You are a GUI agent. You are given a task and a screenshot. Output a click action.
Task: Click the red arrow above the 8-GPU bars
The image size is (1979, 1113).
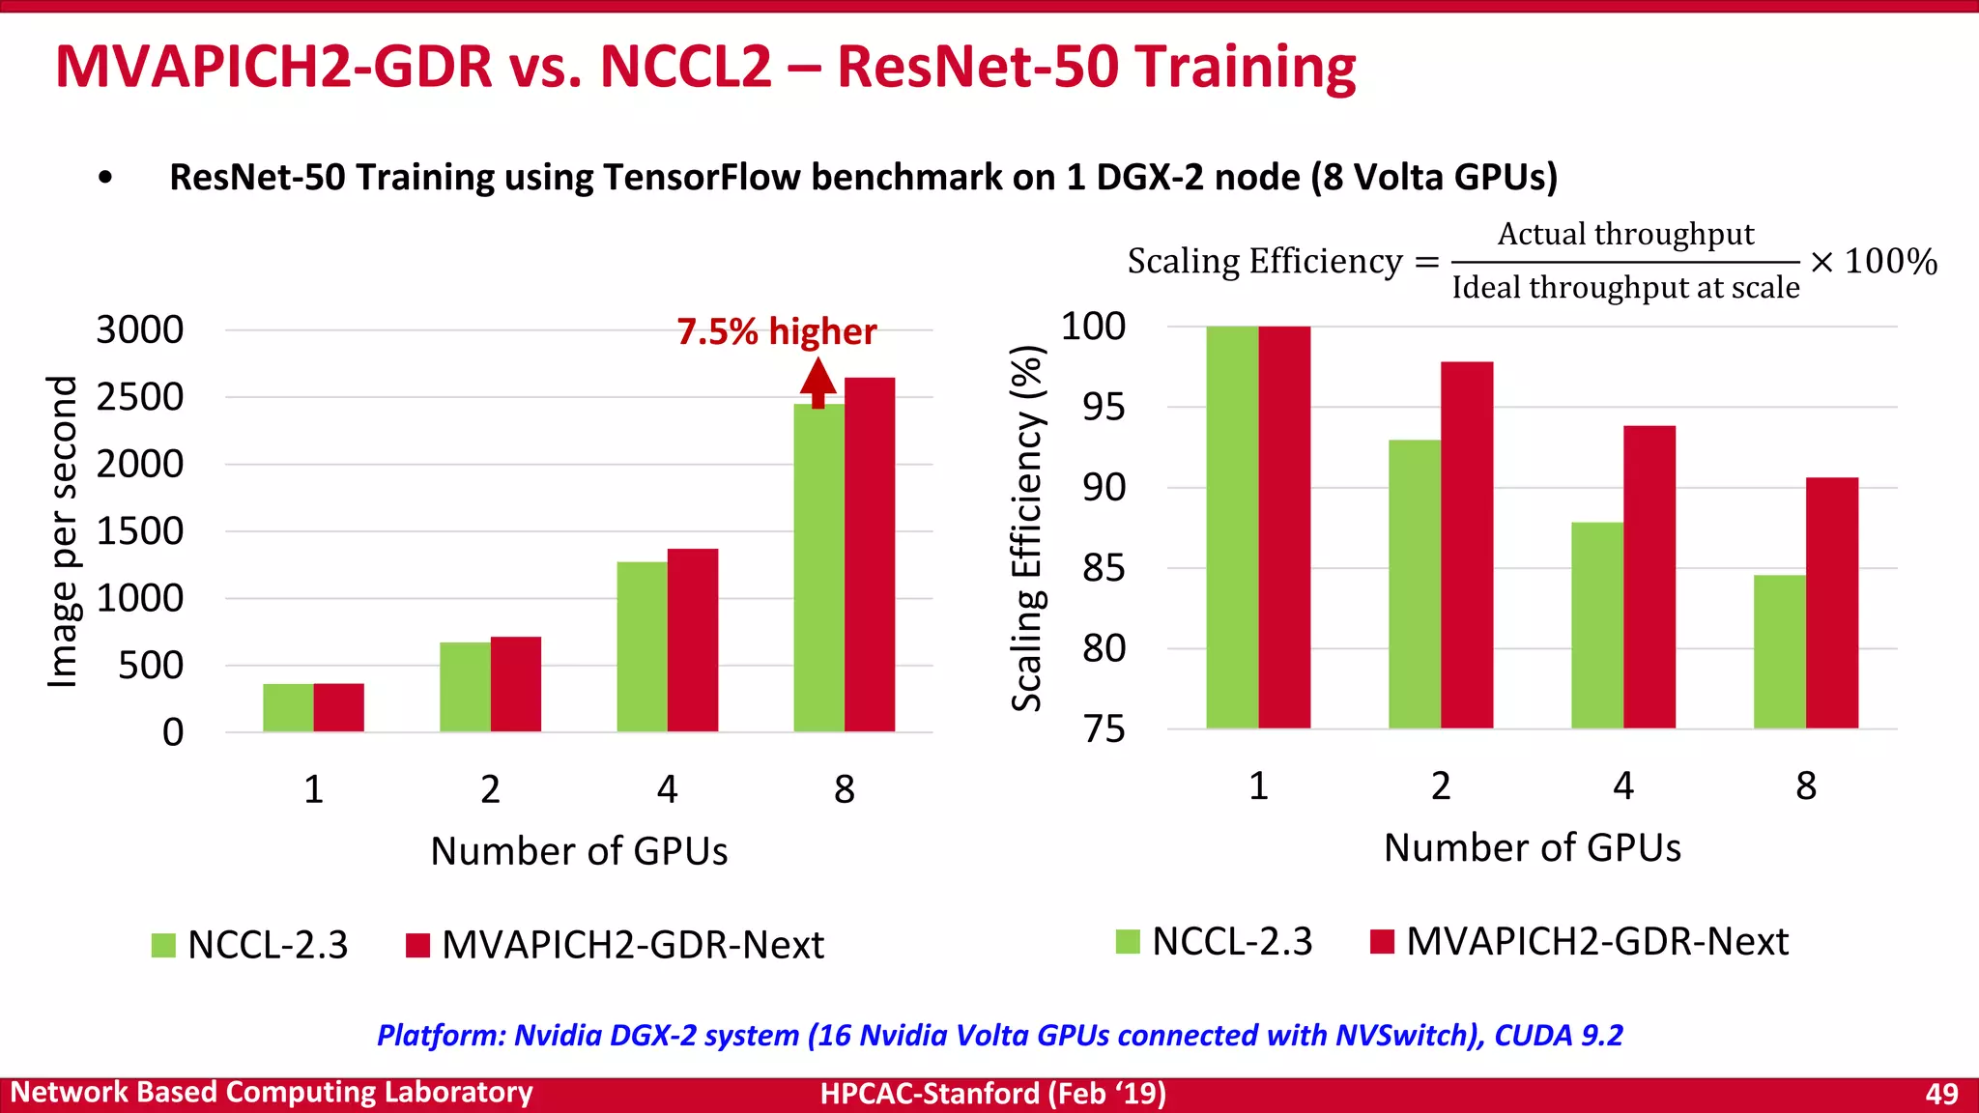817,382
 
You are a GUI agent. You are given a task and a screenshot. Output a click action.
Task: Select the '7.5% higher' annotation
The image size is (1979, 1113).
776,331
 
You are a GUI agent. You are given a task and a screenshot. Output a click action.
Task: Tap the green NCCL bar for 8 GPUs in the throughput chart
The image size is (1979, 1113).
818,570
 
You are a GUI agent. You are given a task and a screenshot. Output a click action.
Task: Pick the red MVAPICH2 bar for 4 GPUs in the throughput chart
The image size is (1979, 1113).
693,640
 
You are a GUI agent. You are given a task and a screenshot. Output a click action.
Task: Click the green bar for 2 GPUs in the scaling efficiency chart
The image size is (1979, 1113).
1415,584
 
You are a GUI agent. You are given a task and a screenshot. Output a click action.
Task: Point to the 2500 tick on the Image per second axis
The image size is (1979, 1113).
140,397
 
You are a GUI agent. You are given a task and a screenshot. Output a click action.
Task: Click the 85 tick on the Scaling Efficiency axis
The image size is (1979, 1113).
1104,568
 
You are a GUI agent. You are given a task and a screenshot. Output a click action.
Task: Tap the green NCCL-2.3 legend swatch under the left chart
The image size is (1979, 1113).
163,945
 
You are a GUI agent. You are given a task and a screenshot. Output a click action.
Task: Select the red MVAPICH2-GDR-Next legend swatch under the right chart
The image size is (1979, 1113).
1382,941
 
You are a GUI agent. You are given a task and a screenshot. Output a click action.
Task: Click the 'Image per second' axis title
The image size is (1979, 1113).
62,531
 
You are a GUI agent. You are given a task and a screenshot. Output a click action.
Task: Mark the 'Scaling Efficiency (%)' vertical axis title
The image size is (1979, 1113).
1026,528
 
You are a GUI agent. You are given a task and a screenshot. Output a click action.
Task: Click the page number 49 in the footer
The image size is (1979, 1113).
1941,1094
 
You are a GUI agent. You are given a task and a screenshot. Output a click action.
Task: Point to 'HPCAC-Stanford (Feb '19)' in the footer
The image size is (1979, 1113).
992,1094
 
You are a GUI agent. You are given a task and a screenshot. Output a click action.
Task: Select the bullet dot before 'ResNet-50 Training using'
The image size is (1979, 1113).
105,178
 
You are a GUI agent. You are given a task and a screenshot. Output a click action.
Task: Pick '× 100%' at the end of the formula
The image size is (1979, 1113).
1874,262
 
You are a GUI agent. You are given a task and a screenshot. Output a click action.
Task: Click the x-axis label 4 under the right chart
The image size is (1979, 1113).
1623,785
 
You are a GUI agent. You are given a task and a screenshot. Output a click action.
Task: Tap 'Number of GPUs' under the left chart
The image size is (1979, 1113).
579,851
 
